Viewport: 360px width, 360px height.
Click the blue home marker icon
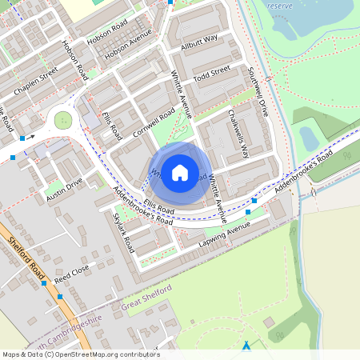[x=180, y=172]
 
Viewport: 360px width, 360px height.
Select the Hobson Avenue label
[x=127, y=49]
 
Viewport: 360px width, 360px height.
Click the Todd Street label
[x=212, y=73]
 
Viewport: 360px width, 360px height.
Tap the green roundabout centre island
[x=62, y=121]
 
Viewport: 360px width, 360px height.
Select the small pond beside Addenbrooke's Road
[x=309, y=138]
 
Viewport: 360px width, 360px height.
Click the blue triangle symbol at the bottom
[x=246, y=346]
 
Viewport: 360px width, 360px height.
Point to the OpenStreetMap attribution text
[x=80, y=354]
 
